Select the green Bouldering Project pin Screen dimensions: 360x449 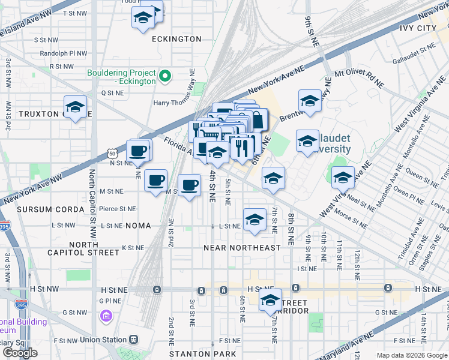pos(166,77)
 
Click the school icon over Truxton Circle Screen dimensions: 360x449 pos(76,107)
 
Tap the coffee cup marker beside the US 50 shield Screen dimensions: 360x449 pos(138,151)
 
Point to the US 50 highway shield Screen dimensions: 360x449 pos(113,154)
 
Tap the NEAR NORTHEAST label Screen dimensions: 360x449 pos(242,248)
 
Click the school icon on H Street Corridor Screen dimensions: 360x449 pos(270,300)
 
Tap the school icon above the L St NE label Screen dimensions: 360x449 pos(255,219)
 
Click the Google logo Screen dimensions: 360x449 pos(20,353)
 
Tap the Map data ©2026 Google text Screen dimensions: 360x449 pos(412,355)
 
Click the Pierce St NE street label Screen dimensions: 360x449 pos(118,209)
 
